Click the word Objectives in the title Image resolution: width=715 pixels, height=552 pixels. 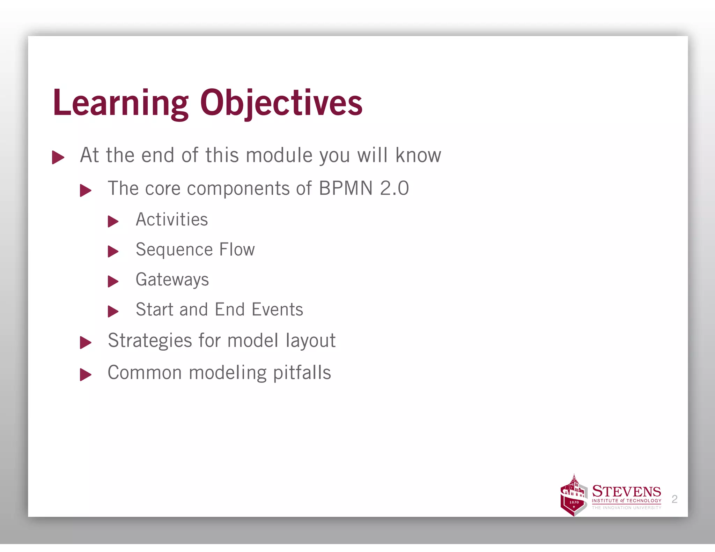click(281, 103)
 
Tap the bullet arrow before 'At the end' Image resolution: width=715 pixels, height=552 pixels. click(58, 157)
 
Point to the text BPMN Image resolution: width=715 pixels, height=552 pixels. click(346, 188)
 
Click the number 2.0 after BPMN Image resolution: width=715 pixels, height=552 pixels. click(394, 188)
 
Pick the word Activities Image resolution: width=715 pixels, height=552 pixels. click(172, 220)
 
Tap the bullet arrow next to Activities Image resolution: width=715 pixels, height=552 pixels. click(113, 221)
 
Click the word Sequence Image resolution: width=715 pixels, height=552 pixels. click(174, 250)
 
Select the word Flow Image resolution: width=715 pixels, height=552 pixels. click(237, 250)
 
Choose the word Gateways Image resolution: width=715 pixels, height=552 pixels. click(172, 280)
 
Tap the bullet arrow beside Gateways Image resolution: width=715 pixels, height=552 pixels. click(113, 281)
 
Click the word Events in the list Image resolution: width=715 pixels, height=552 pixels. click(277, 310)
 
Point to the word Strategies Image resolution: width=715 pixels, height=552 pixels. click(150, 341)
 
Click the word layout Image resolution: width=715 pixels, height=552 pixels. click(310, 341)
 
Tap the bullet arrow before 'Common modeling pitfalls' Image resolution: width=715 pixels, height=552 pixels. click(86, 375)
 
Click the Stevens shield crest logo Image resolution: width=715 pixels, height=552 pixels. click(573, 496)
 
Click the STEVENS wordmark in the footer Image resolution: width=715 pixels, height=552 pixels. click(626, 492)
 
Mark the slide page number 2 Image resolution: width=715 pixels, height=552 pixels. click(674, 499)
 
